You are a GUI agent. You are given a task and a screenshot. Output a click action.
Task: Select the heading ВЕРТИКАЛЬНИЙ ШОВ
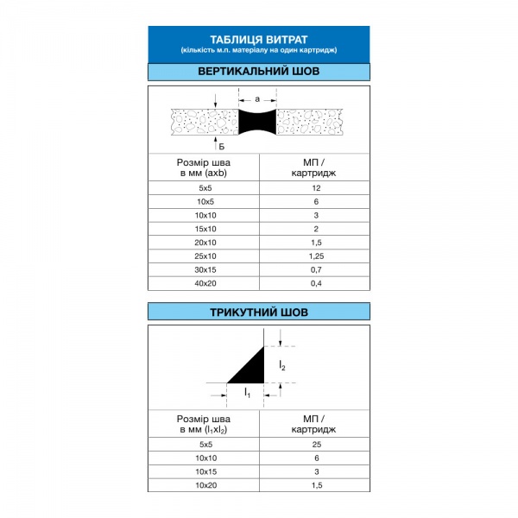259,72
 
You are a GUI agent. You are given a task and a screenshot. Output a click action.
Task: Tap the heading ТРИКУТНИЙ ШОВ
259,312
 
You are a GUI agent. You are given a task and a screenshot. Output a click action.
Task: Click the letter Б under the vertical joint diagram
221,147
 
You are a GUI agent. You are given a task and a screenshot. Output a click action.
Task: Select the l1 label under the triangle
248,394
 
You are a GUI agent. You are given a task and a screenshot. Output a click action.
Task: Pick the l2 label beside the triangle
282,366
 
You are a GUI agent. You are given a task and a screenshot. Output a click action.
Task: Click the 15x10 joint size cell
204,229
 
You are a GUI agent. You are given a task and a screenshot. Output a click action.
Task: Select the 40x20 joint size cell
204,283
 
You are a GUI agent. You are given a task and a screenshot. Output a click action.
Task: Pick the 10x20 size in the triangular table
204,486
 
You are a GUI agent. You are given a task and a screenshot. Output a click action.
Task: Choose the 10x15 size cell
204,472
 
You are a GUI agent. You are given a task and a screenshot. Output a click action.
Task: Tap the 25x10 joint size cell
204,256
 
